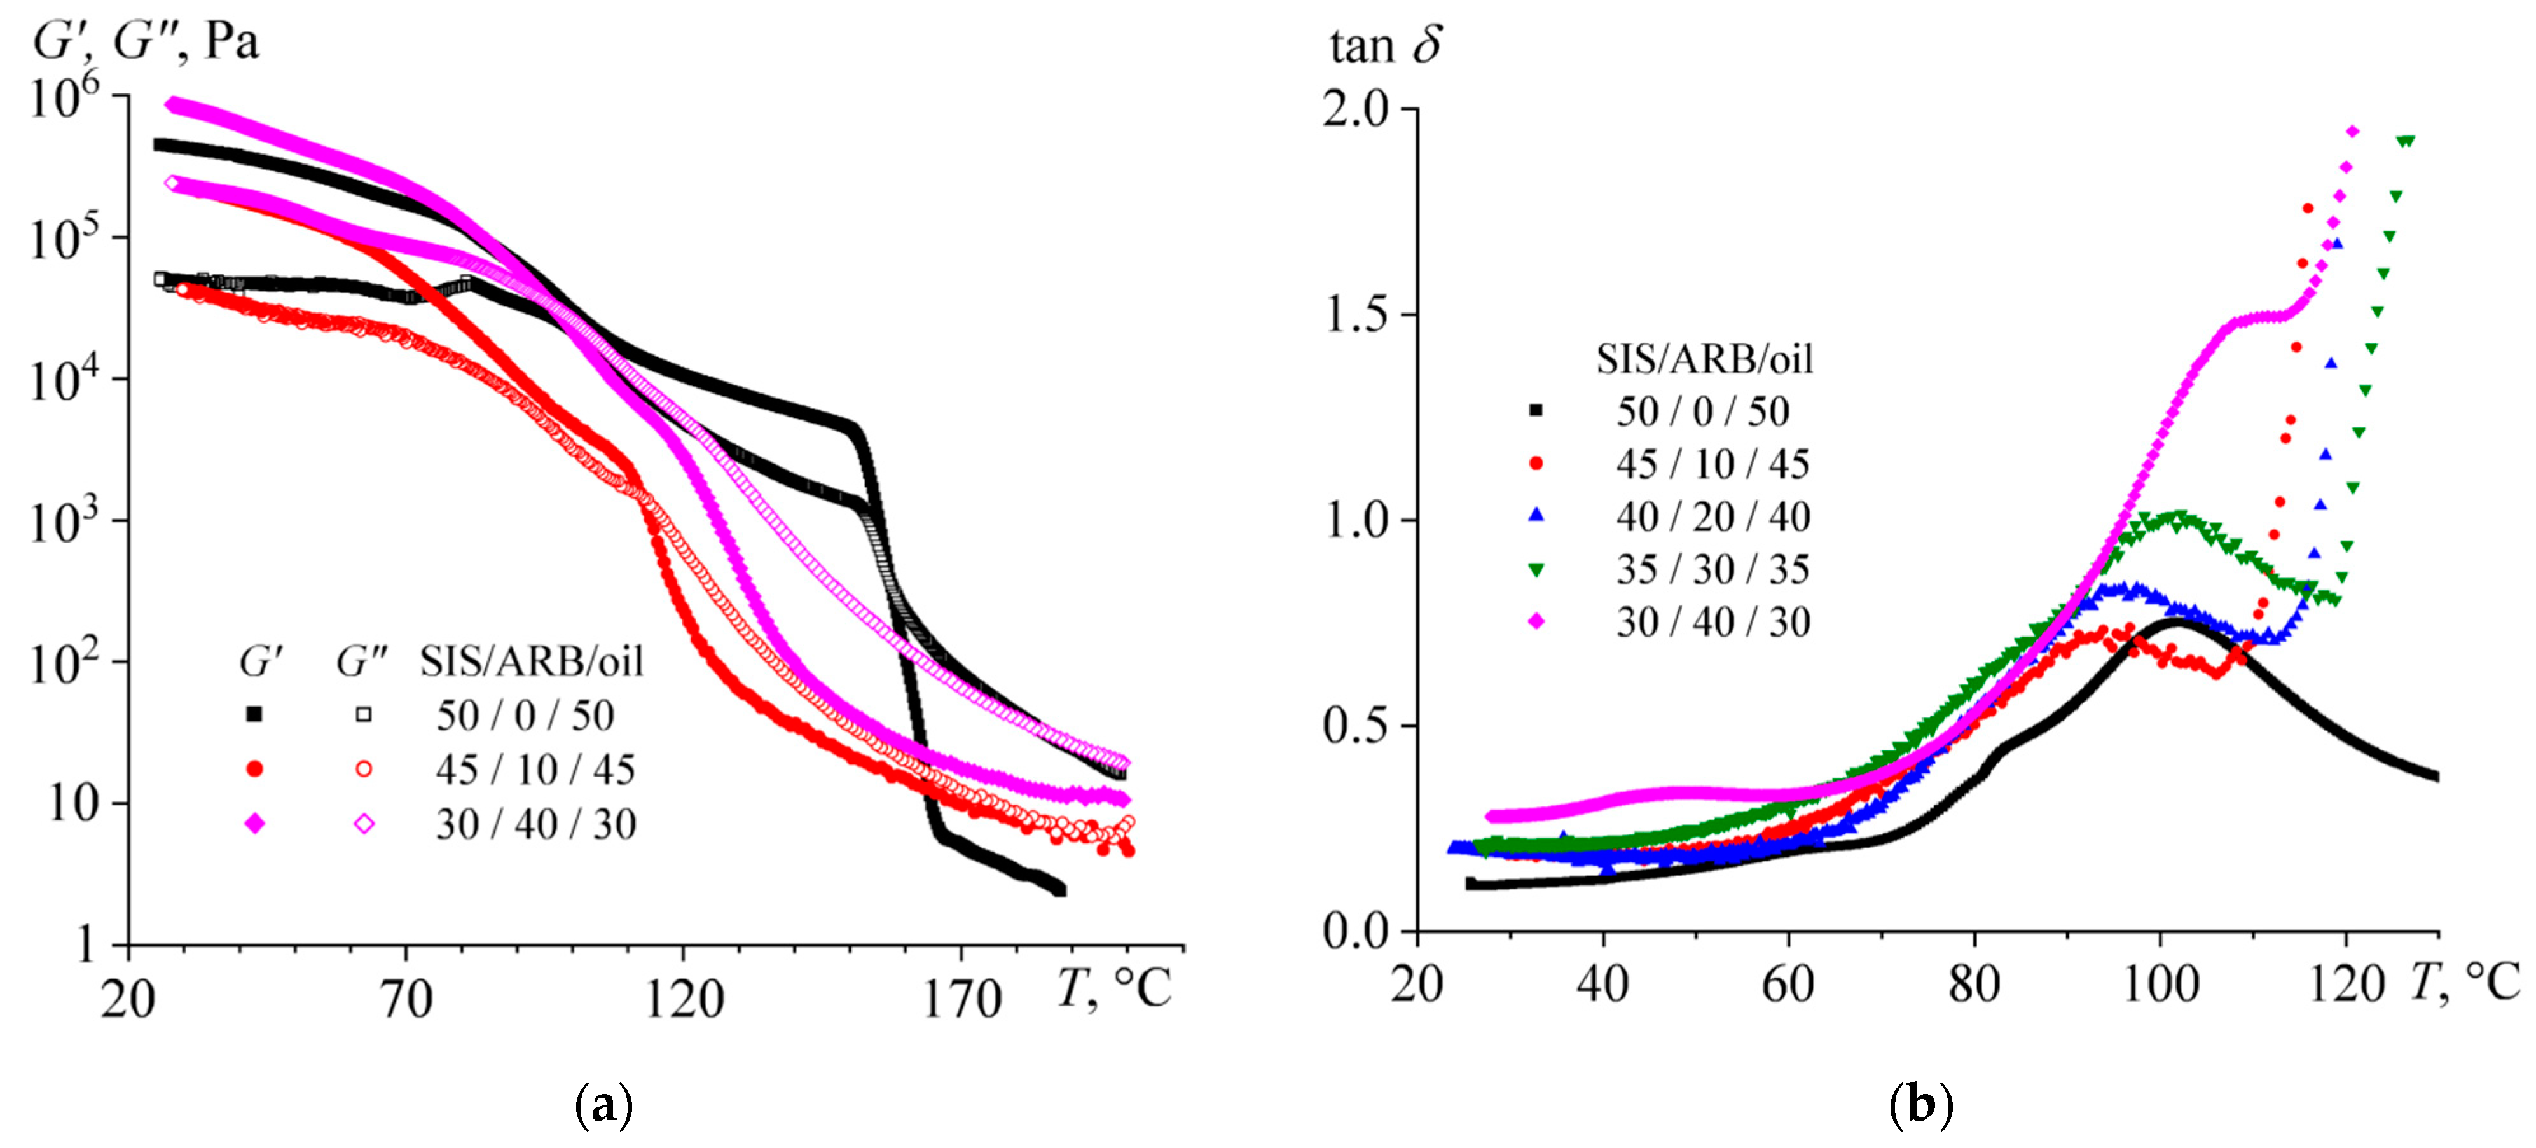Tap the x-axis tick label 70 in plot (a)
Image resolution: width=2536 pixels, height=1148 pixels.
[406, 999]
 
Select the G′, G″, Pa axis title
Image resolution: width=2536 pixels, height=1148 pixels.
[146, 41]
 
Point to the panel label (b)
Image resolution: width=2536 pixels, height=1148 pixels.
[1920, 1105]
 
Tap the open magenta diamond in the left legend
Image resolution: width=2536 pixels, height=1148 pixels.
[363, 823]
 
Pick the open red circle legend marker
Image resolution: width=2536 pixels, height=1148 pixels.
[363, 769]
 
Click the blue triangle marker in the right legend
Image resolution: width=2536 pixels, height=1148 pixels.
[1535, 516]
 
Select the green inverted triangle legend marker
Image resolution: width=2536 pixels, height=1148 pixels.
[1535, 569]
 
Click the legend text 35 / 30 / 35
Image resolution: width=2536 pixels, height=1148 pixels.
[1713, 569]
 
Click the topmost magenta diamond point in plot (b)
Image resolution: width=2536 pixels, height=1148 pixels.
[2353, 131]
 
